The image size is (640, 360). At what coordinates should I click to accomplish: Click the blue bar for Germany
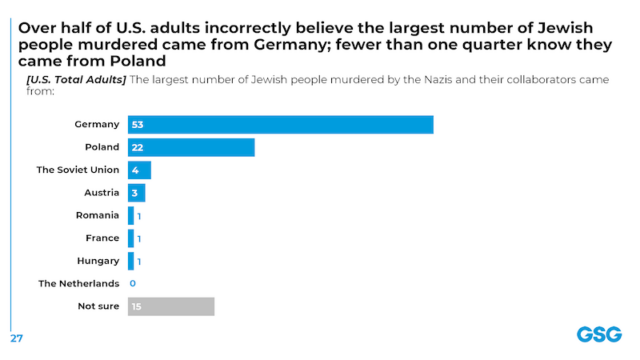280,125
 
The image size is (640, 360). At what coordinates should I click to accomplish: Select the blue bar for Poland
191,147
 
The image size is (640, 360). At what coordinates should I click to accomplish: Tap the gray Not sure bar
171,306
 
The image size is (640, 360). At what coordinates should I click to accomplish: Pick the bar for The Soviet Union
139,170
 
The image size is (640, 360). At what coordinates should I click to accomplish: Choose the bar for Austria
136,193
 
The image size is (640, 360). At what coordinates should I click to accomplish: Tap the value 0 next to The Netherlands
132,284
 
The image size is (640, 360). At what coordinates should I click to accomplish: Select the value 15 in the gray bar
136,306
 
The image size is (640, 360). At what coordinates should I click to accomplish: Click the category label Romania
98,215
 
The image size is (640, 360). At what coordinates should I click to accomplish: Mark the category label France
102,238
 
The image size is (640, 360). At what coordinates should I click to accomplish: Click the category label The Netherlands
79,284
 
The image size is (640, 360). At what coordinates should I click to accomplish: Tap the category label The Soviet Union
78,170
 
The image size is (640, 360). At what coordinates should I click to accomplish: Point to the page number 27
16,337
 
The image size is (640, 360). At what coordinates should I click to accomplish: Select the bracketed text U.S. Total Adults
76,79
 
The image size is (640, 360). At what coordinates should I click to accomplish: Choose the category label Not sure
99,306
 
